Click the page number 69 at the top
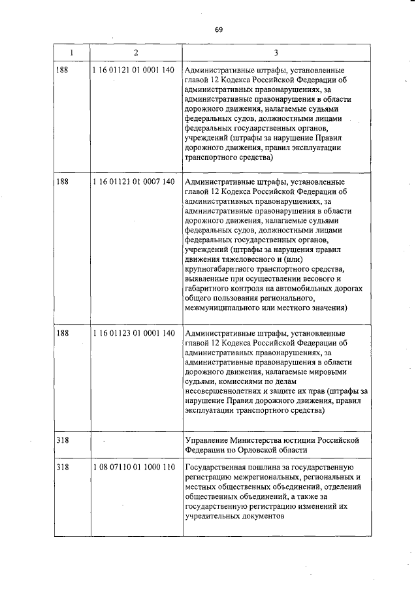(x=219, y=30)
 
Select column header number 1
(x=71, y=52)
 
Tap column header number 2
(x=135, y=52)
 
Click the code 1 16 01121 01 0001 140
(x=134, y=71)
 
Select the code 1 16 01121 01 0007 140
(x=134, y=182)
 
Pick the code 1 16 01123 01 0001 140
(x=134, y=334)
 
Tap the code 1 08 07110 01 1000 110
(x=134, y=468)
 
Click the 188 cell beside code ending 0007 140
(x=63, y=182)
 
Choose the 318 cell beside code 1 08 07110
(x=63, y=468)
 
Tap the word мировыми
(x=324, y=372)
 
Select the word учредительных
(x=212, y=516)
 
